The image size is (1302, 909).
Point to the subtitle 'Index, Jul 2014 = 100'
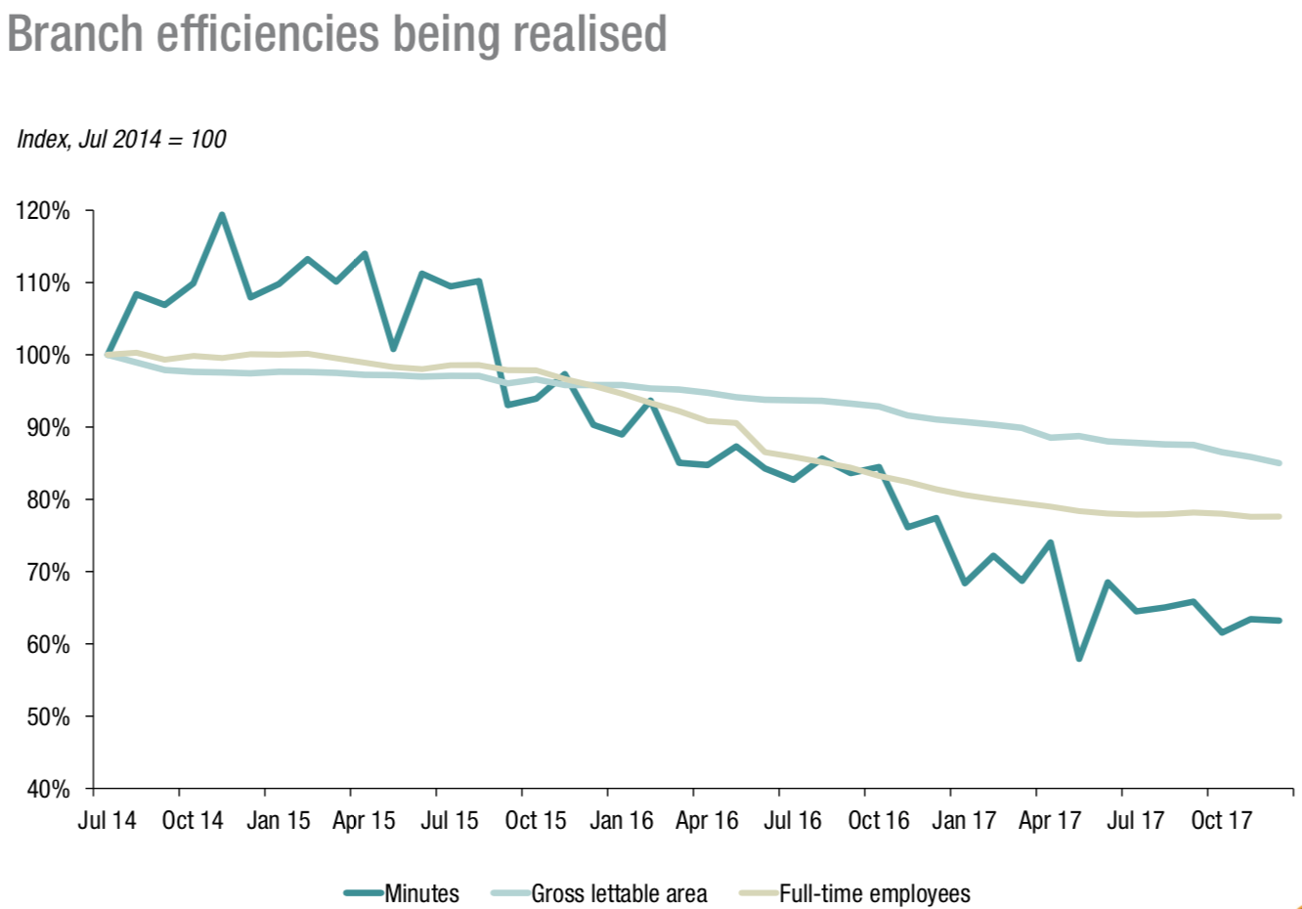click(x=121, y=140)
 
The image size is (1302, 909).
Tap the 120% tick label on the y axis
click(x=43, y=211)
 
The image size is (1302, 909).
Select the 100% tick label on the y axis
click(x=43, y=356)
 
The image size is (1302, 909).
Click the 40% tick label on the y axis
click(x=47, y=789)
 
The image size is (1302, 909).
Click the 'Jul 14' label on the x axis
click(x=107, y=820)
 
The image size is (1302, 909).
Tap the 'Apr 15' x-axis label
click(x=364, y=820)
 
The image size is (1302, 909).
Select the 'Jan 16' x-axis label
click(x=622, y=820)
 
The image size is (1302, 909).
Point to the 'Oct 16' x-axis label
click(x=878, y=820)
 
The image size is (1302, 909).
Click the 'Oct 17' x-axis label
click(x=1221, y=820)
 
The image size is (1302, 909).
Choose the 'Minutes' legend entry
click(x=421, y=893)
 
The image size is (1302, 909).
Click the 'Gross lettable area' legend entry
click(x=619, y=893)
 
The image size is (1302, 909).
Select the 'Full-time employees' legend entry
click(x=874, y=893)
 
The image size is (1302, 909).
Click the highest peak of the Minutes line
click(x=222, y=215)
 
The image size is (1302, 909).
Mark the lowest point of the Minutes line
click(x=1079, y=659)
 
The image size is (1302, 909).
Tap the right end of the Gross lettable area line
click(x=1279, y=463)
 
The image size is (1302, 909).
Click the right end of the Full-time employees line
click(x=1279, y=516)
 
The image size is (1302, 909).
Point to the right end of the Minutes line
click(x=1279, y=621)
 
